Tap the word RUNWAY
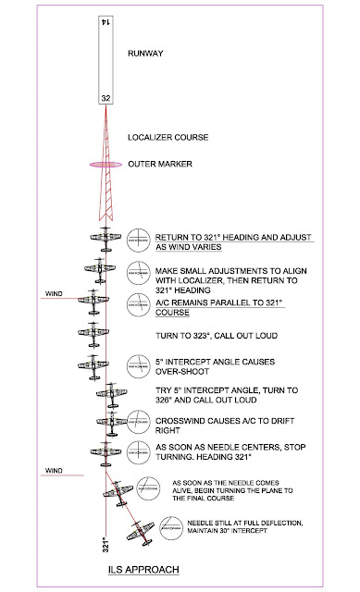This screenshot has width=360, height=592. [146, 55]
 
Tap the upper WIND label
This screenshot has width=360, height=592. [55, 296]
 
